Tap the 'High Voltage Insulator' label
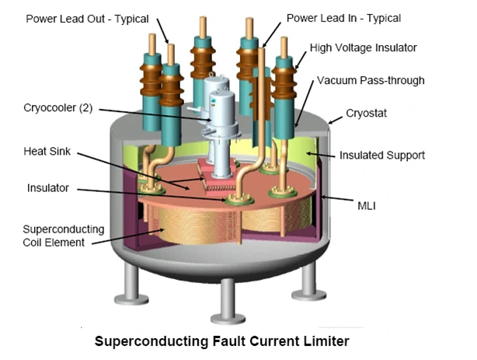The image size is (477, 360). click(363, 48)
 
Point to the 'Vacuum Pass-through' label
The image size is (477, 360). click(370, 81)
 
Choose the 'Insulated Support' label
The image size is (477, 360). click(382, 156)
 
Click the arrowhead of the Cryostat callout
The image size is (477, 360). click(329, 123)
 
